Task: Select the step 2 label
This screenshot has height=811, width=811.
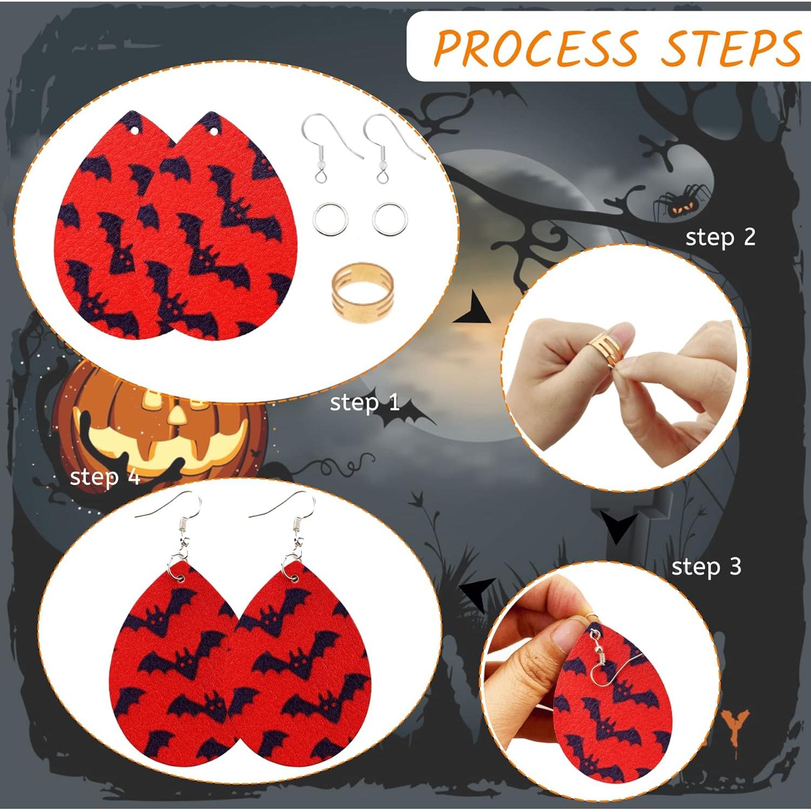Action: tap(720, 237)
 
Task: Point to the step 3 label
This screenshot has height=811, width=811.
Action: tap(706, 567)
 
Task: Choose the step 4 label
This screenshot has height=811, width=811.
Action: tap(105, 477)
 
